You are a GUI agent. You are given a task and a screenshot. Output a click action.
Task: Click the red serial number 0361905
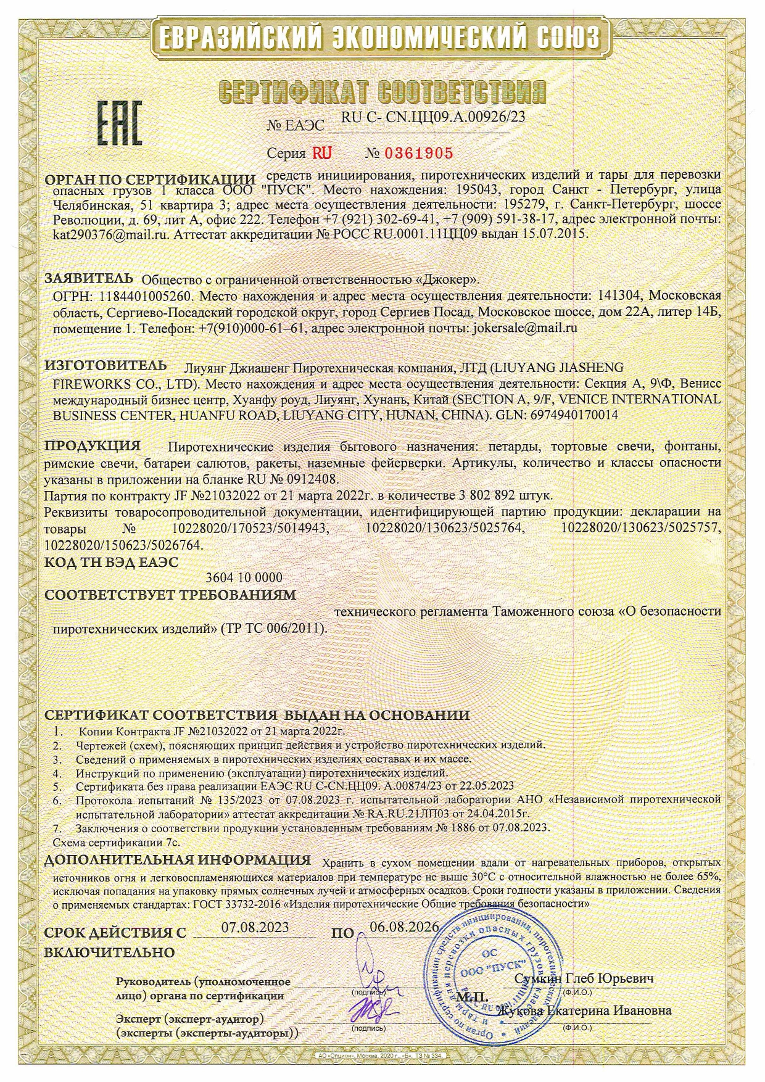click(x=418, y=153)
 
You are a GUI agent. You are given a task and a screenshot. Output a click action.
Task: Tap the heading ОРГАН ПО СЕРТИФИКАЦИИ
click(x=151, y=180)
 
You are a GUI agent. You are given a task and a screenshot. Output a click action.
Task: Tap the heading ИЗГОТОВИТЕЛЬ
click(x=105, y=365)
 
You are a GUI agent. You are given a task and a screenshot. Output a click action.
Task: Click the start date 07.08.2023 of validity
click(x=255, y=927)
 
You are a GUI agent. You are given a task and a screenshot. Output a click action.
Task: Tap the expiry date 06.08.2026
click(x=404, y=927)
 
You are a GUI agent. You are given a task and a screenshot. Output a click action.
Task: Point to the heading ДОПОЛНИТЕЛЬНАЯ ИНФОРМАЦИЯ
click(x=178, y=860)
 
